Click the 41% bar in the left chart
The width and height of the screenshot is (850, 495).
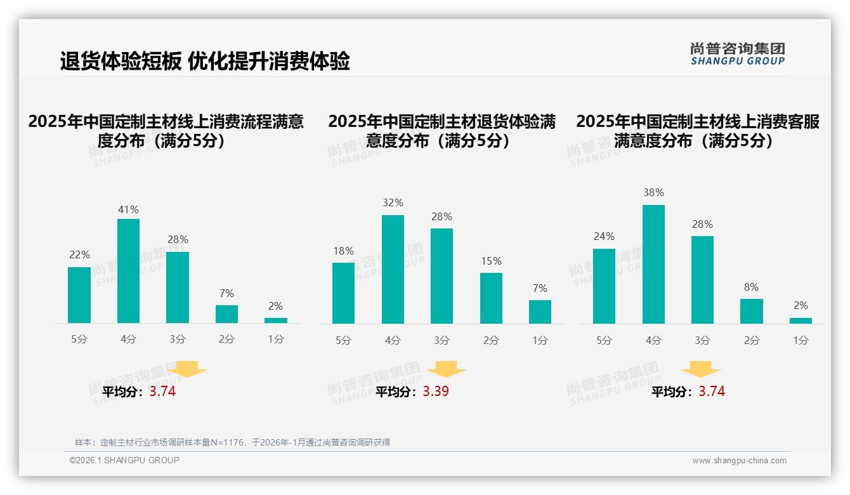(x=129, y=271)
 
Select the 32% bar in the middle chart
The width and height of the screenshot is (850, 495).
(x=393, y=269)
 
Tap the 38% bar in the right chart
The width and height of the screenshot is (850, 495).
(x=653, y=264)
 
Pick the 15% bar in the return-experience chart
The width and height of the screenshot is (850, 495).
(x=491, y=298)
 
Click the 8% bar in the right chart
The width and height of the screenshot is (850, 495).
(x=751, y=311)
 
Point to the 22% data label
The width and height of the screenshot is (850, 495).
(x=79, y=255)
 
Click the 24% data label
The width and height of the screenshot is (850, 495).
(x=604, y=237)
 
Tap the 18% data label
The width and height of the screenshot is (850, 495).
(x=343, y=251)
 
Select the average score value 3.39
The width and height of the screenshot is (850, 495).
(x=436, y=392)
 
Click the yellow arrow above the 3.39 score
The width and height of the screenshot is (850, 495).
(x=446, y=369)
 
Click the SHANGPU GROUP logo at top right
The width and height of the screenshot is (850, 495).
(x=737, y=54)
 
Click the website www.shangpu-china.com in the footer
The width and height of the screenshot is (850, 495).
(x=739, y=461)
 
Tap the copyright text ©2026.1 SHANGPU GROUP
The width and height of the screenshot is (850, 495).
(x=124, y=460)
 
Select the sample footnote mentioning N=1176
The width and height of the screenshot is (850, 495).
(x=232, y=442)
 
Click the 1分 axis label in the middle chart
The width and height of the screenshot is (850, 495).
(x=540, y=341)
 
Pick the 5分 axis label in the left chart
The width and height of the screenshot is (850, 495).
(x=79, y=340)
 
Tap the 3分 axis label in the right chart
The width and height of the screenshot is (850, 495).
(x=702, y=341)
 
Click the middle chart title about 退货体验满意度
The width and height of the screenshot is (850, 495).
(x=441, y=131)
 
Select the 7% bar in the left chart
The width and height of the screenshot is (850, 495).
(x=226, y=314)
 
